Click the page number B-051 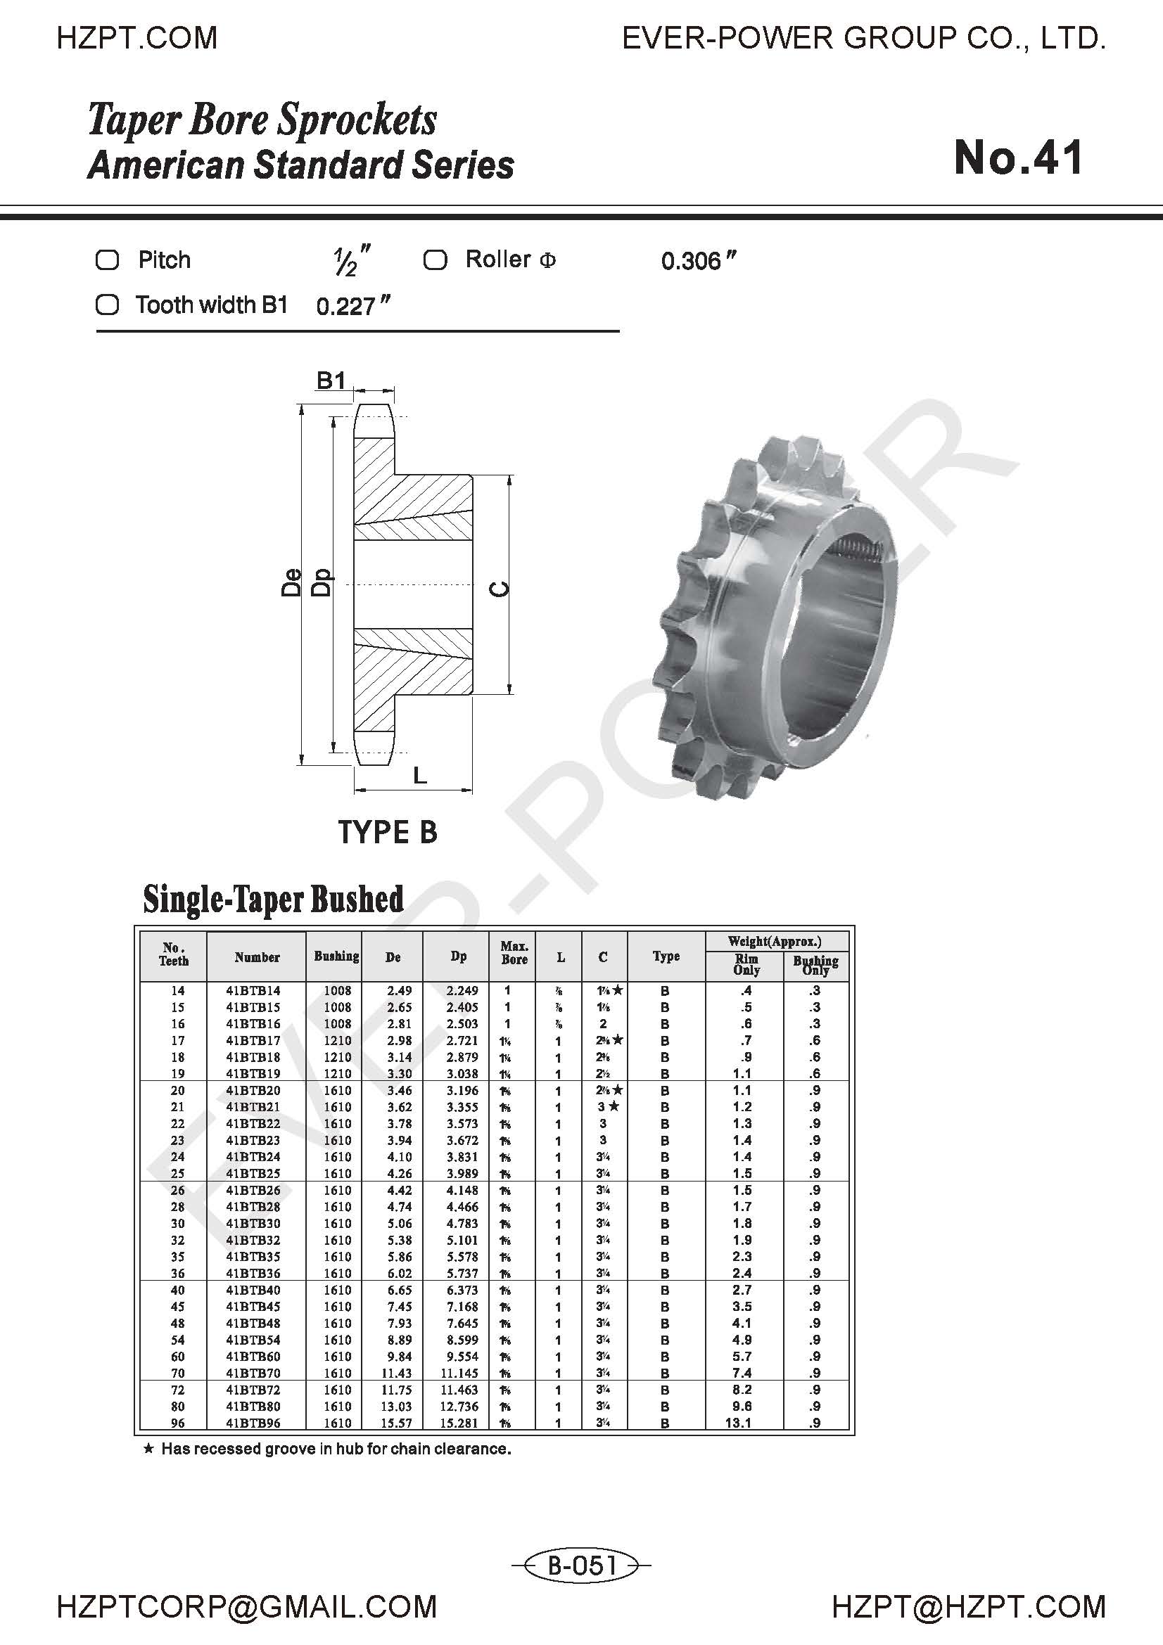click(x=582, y=1565)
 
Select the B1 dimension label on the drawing click(x=331, y=380)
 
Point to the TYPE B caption click(x=387, y=833)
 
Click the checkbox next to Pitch click(x=108, y=260)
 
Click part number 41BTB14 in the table click(x=254, y=991)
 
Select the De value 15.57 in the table click(x=399, y=1423)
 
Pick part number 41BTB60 click(x=254, y=1356)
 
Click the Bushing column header click(x=336, y=956)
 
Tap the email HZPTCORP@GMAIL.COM click(x=246, y=1607)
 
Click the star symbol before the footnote click(x=148, y=1449)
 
